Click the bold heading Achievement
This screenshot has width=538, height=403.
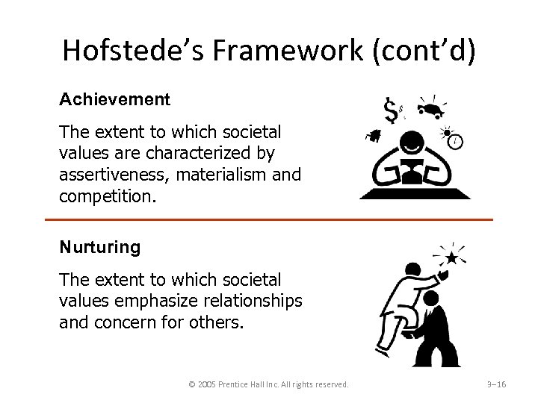point(115,99)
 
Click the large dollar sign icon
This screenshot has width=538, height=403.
point(389,113)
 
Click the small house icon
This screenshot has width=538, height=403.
point(371,136)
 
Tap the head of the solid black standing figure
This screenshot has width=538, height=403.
point(432,299)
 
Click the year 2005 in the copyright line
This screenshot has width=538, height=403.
point(208,384)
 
